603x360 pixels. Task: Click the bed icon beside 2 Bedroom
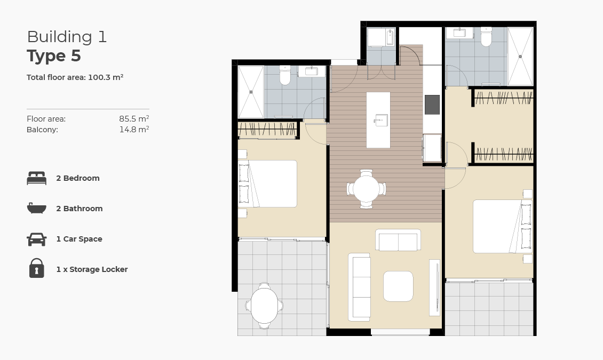click(x=36, y=178)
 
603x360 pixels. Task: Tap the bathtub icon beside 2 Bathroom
click(x=36, y=208)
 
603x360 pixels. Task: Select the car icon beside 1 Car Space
click(x=36, y=239)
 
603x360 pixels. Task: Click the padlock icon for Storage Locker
click(x=36, y=268)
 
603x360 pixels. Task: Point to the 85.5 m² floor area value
click(x=133, y=119)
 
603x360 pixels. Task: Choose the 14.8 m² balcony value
click(x=133, y=129)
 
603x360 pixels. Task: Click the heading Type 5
click(x=54, y=56)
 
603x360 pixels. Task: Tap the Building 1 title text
click(x=67, y=37)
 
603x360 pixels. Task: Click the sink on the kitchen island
click(x=380, y=119)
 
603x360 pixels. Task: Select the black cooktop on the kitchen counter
click(x=432, y=105)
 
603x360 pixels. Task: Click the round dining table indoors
click(x=366, y=189)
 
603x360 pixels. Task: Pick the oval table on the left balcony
click(x=265, y=306)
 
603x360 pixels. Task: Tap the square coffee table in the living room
click(x=398, y=286)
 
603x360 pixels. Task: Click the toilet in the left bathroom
click(x=285, y=76)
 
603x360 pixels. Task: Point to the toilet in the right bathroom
click(x=486, y=37)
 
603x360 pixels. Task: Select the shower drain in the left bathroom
click(x=250, y=92)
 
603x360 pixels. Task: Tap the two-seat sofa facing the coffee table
click(x=398, y=240)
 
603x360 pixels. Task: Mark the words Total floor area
click(x=56, y=77)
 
